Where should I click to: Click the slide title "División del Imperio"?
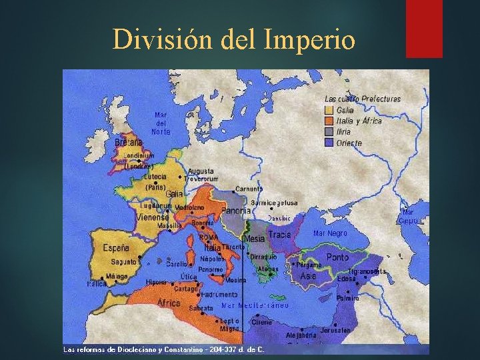[x=234, y=40]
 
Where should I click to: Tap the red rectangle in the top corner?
[x=424, y=28]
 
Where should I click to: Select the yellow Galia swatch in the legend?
[x=329, y=110]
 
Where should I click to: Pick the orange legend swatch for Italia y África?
[x=329, y=121]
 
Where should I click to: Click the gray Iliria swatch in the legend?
[x=329, y=132]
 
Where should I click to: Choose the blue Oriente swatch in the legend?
[x=329, y=143]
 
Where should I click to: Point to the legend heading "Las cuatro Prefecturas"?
[x=363, y=99]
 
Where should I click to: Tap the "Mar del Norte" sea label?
[x=161, y=123]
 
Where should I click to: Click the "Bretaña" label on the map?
[x=129, y=142]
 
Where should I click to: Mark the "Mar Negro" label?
[x=330, y=234]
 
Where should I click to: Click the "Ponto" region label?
[x=337, y=257]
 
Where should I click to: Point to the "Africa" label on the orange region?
[x=169, y=303]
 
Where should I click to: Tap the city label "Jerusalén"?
[x=335, y=330]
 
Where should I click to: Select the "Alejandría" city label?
[x=301, y=335]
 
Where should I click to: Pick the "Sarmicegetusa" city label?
[x=274, y=203]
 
